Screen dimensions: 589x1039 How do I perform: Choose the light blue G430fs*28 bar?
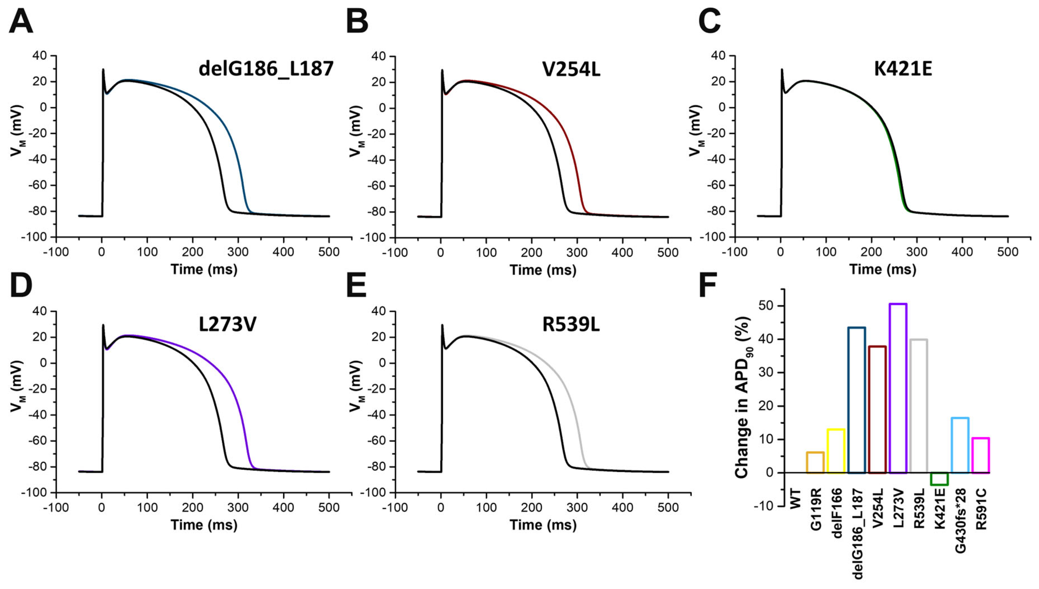pos(960,445)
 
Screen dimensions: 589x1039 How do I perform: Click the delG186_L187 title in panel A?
pos(266,69)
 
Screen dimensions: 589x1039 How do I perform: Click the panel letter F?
pos(708,285)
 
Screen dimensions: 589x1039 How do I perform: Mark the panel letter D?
pos(21,285)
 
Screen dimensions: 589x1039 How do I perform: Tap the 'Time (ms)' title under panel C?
pos(882,269)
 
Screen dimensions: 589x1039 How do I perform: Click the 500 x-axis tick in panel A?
pos(329,252)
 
